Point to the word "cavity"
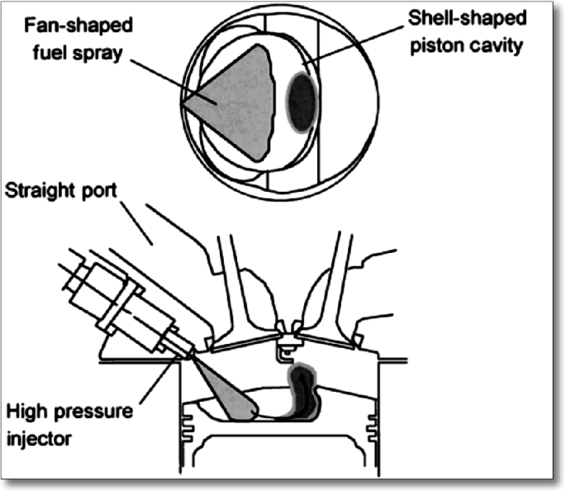point(497,47)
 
